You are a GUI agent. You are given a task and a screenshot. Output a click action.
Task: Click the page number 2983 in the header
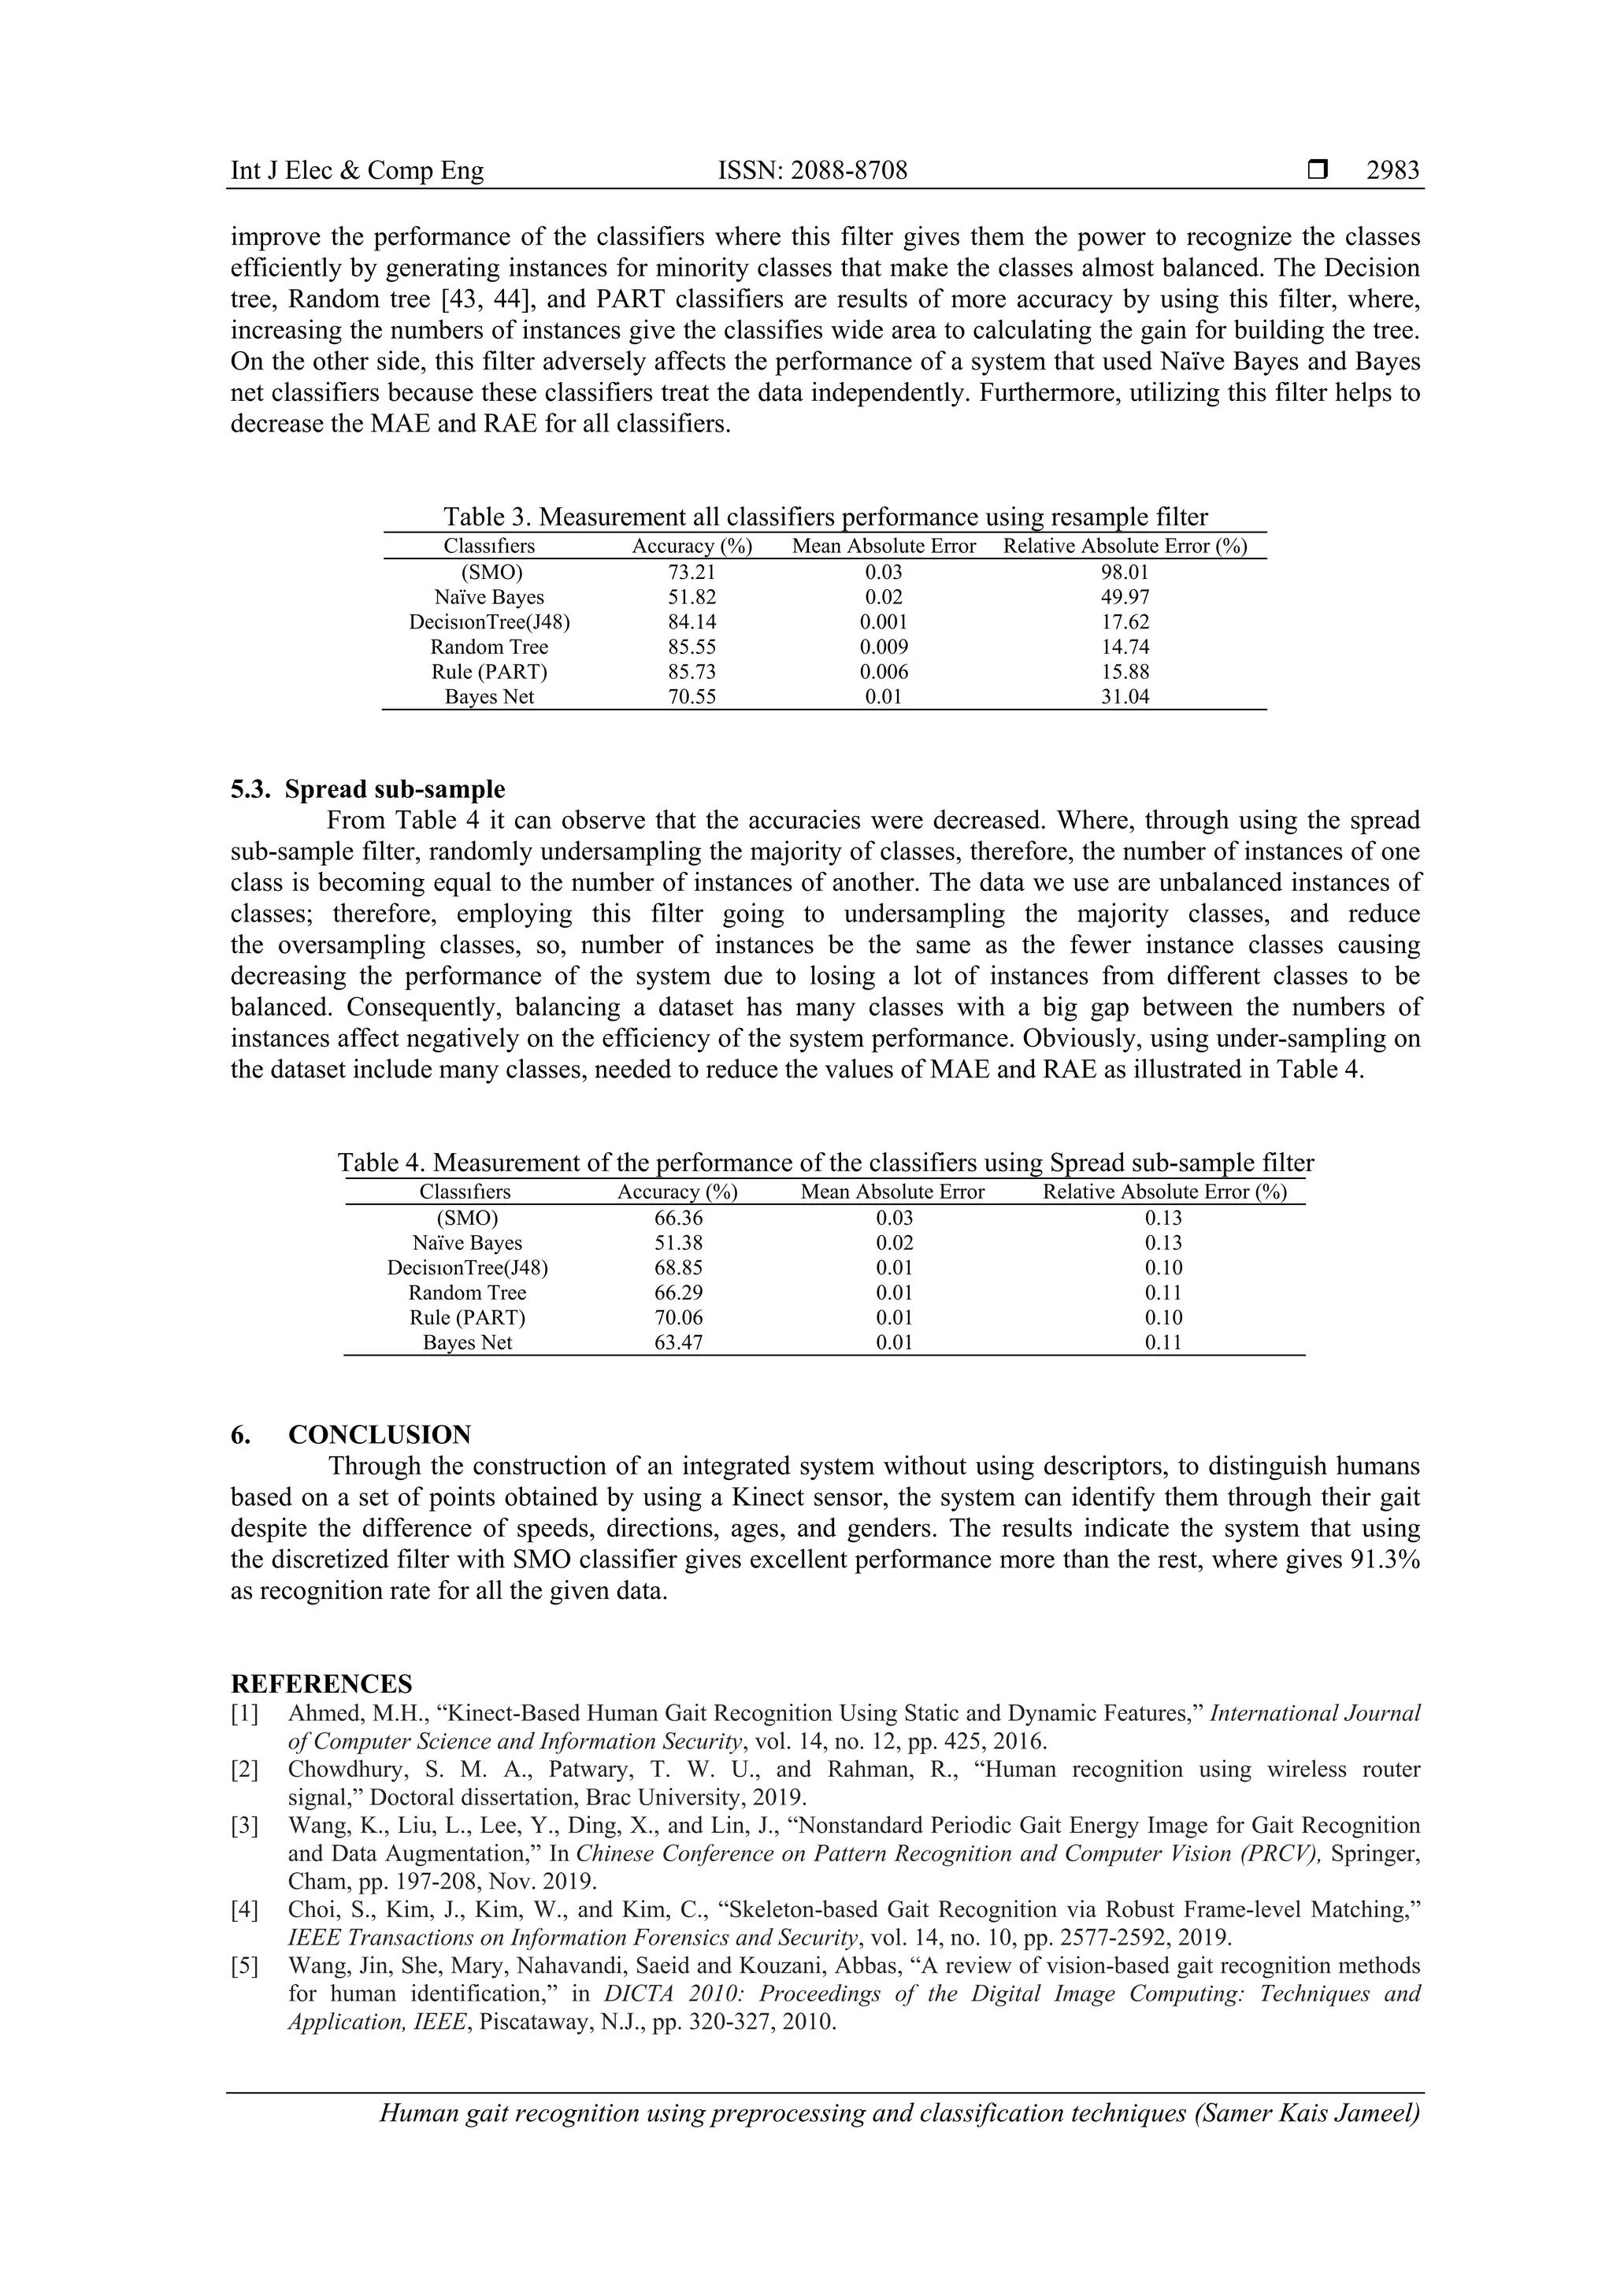coord(1392,171)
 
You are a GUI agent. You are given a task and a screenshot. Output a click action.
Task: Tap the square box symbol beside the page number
coord(1318,171)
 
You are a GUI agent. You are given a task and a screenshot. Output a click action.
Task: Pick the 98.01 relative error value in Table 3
coord(1125,573)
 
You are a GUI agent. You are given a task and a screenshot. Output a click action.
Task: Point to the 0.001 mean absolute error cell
coord(883,622)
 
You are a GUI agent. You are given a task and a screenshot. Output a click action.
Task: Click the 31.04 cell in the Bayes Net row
coord(1125,696)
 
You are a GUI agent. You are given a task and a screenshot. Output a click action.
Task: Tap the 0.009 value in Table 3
coord(883,647)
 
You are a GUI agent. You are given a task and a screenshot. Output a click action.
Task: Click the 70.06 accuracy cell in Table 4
coord(677,1318)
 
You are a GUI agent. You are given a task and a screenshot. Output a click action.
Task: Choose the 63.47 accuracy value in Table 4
coord(677,1342)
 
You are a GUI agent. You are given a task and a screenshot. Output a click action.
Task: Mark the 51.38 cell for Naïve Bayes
coord(677,1243)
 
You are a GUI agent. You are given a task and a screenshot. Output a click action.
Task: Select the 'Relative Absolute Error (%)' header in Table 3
coord(1125,545)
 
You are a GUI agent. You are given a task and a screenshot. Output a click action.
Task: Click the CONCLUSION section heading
coord(380,1434)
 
